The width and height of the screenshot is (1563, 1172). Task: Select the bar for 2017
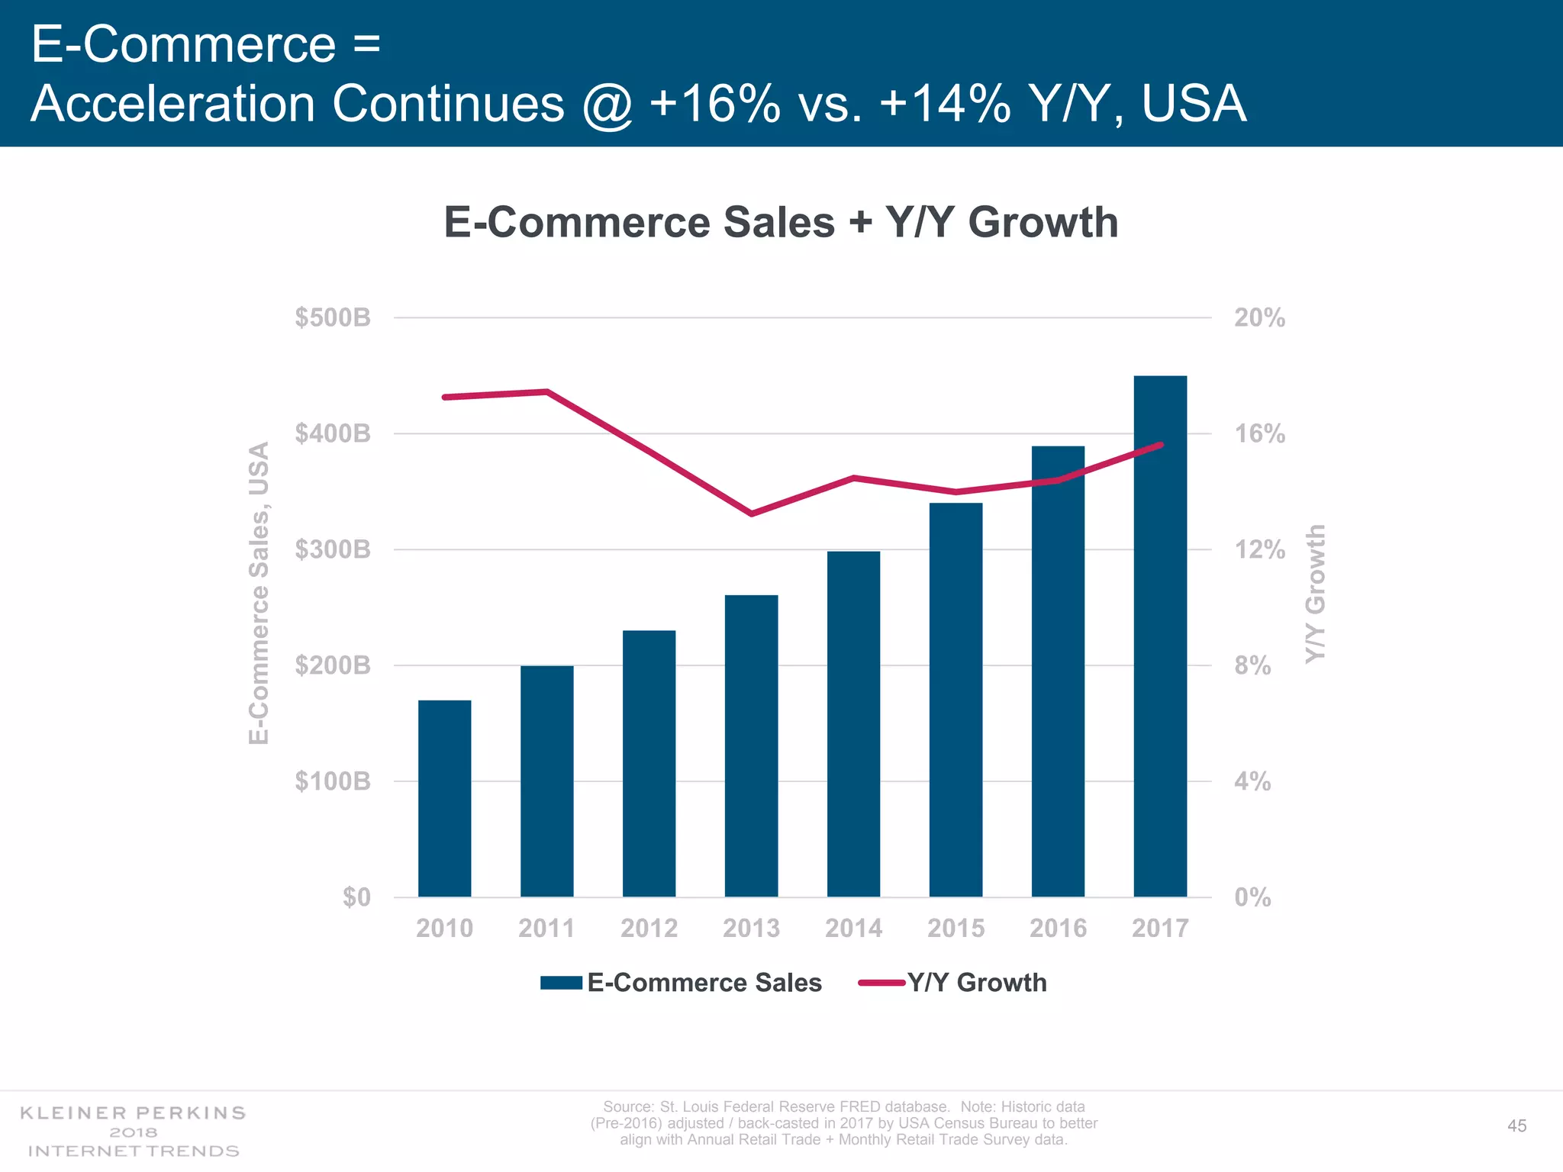click(x=1160, y=636)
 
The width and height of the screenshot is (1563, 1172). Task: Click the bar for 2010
click(x=444, y=798)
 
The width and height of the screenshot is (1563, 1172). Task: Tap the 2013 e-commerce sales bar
click(x=751, y=745)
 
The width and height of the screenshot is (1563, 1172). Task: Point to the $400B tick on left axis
click(x=333, y=433)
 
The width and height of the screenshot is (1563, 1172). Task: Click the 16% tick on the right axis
click(x=1259, y=433)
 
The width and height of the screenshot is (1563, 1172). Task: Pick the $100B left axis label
click(x=333, y=781)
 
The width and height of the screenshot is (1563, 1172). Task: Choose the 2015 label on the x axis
click(x=956, y=928)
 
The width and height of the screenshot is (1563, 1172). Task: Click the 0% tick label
click(x=1252, y=897)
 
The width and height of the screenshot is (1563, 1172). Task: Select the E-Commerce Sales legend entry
click(x=682, y=983)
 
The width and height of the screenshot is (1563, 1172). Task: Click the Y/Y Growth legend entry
click(x=954, y=983)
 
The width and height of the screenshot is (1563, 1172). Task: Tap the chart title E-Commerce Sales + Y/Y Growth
click(x=781, y=222)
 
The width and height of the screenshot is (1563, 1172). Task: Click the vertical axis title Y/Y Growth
click(x=1315, y=594)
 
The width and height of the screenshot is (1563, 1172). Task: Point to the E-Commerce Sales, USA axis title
click(x=259, y=593)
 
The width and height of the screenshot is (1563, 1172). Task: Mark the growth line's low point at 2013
click(x=752, y=514)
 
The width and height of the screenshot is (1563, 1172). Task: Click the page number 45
click(x=1516, y=1126)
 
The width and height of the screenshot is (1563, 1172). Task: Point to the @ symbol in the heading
click(x=607, y=104)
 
